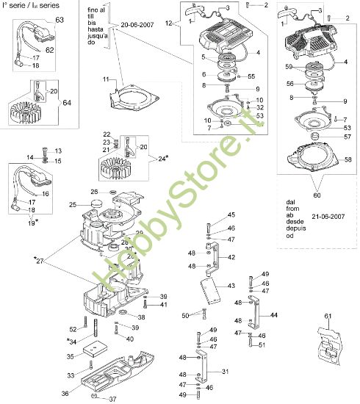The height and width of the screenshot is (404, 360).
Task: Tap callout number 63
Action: pyautogui.click(x=60, y=19)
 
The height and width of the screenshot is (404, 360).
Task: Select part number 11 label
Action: pyautogui.click(x=106, y=79)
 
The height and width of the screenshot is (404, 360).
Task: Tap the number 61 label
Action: pyautogui.click(x=328, y=316)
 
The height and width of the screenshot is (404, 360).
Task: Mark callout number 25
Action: pyautogui.click(x=94, y=203)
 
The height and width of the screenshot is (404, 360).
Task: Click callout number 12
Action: pyautogui.click(x=170, y=24)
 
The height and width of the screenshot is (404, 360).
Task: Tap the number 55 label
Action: pyautogui.click(x=251, y=76)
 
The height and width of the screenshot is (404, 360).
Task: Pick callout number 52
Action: pyautogui.click(x=73, y=328)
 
